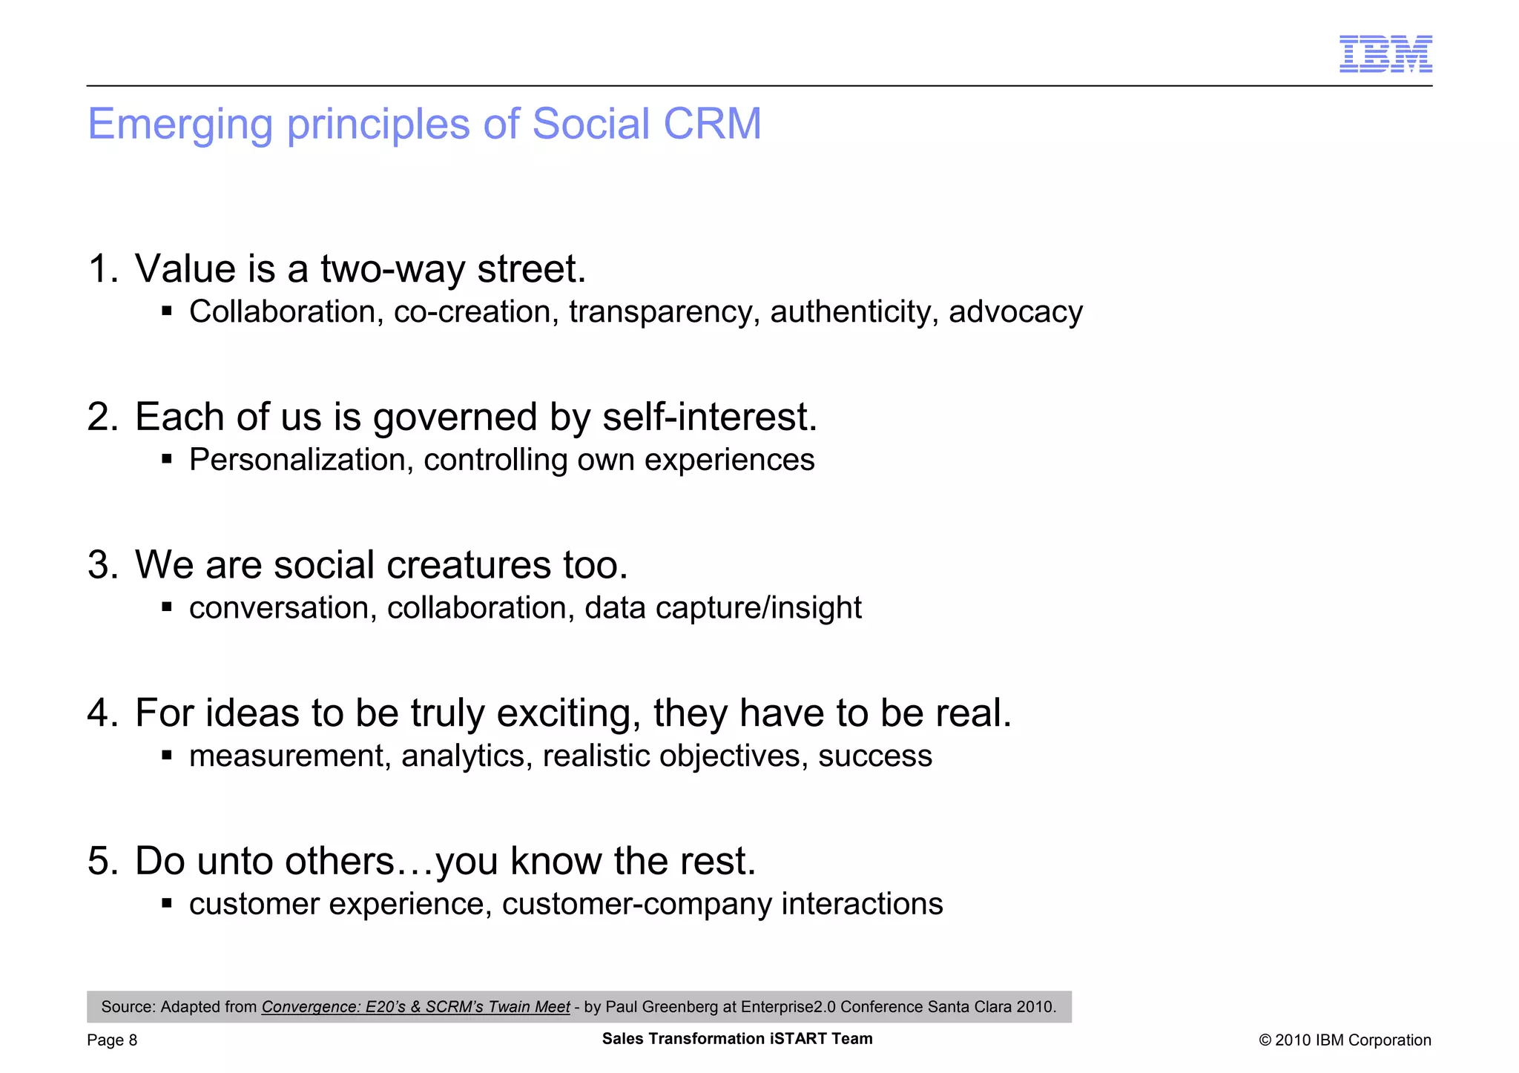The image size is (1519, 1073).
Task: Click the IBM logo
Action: [1385, 53]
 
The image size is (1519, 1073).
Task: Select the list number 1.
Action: [101, 268]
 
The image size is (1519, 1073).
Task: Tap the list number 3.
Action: [101, 565]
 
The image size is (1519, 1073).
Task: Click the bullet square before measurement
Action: [167, 756]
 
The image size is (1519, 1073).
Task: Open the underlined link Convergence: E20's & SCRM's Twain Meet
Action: [415, 1007]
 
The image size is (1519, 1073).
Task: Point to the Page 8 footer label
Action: [112, 1040]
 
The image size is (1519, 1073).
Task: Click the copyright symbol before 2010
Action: [1265, 1040]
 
